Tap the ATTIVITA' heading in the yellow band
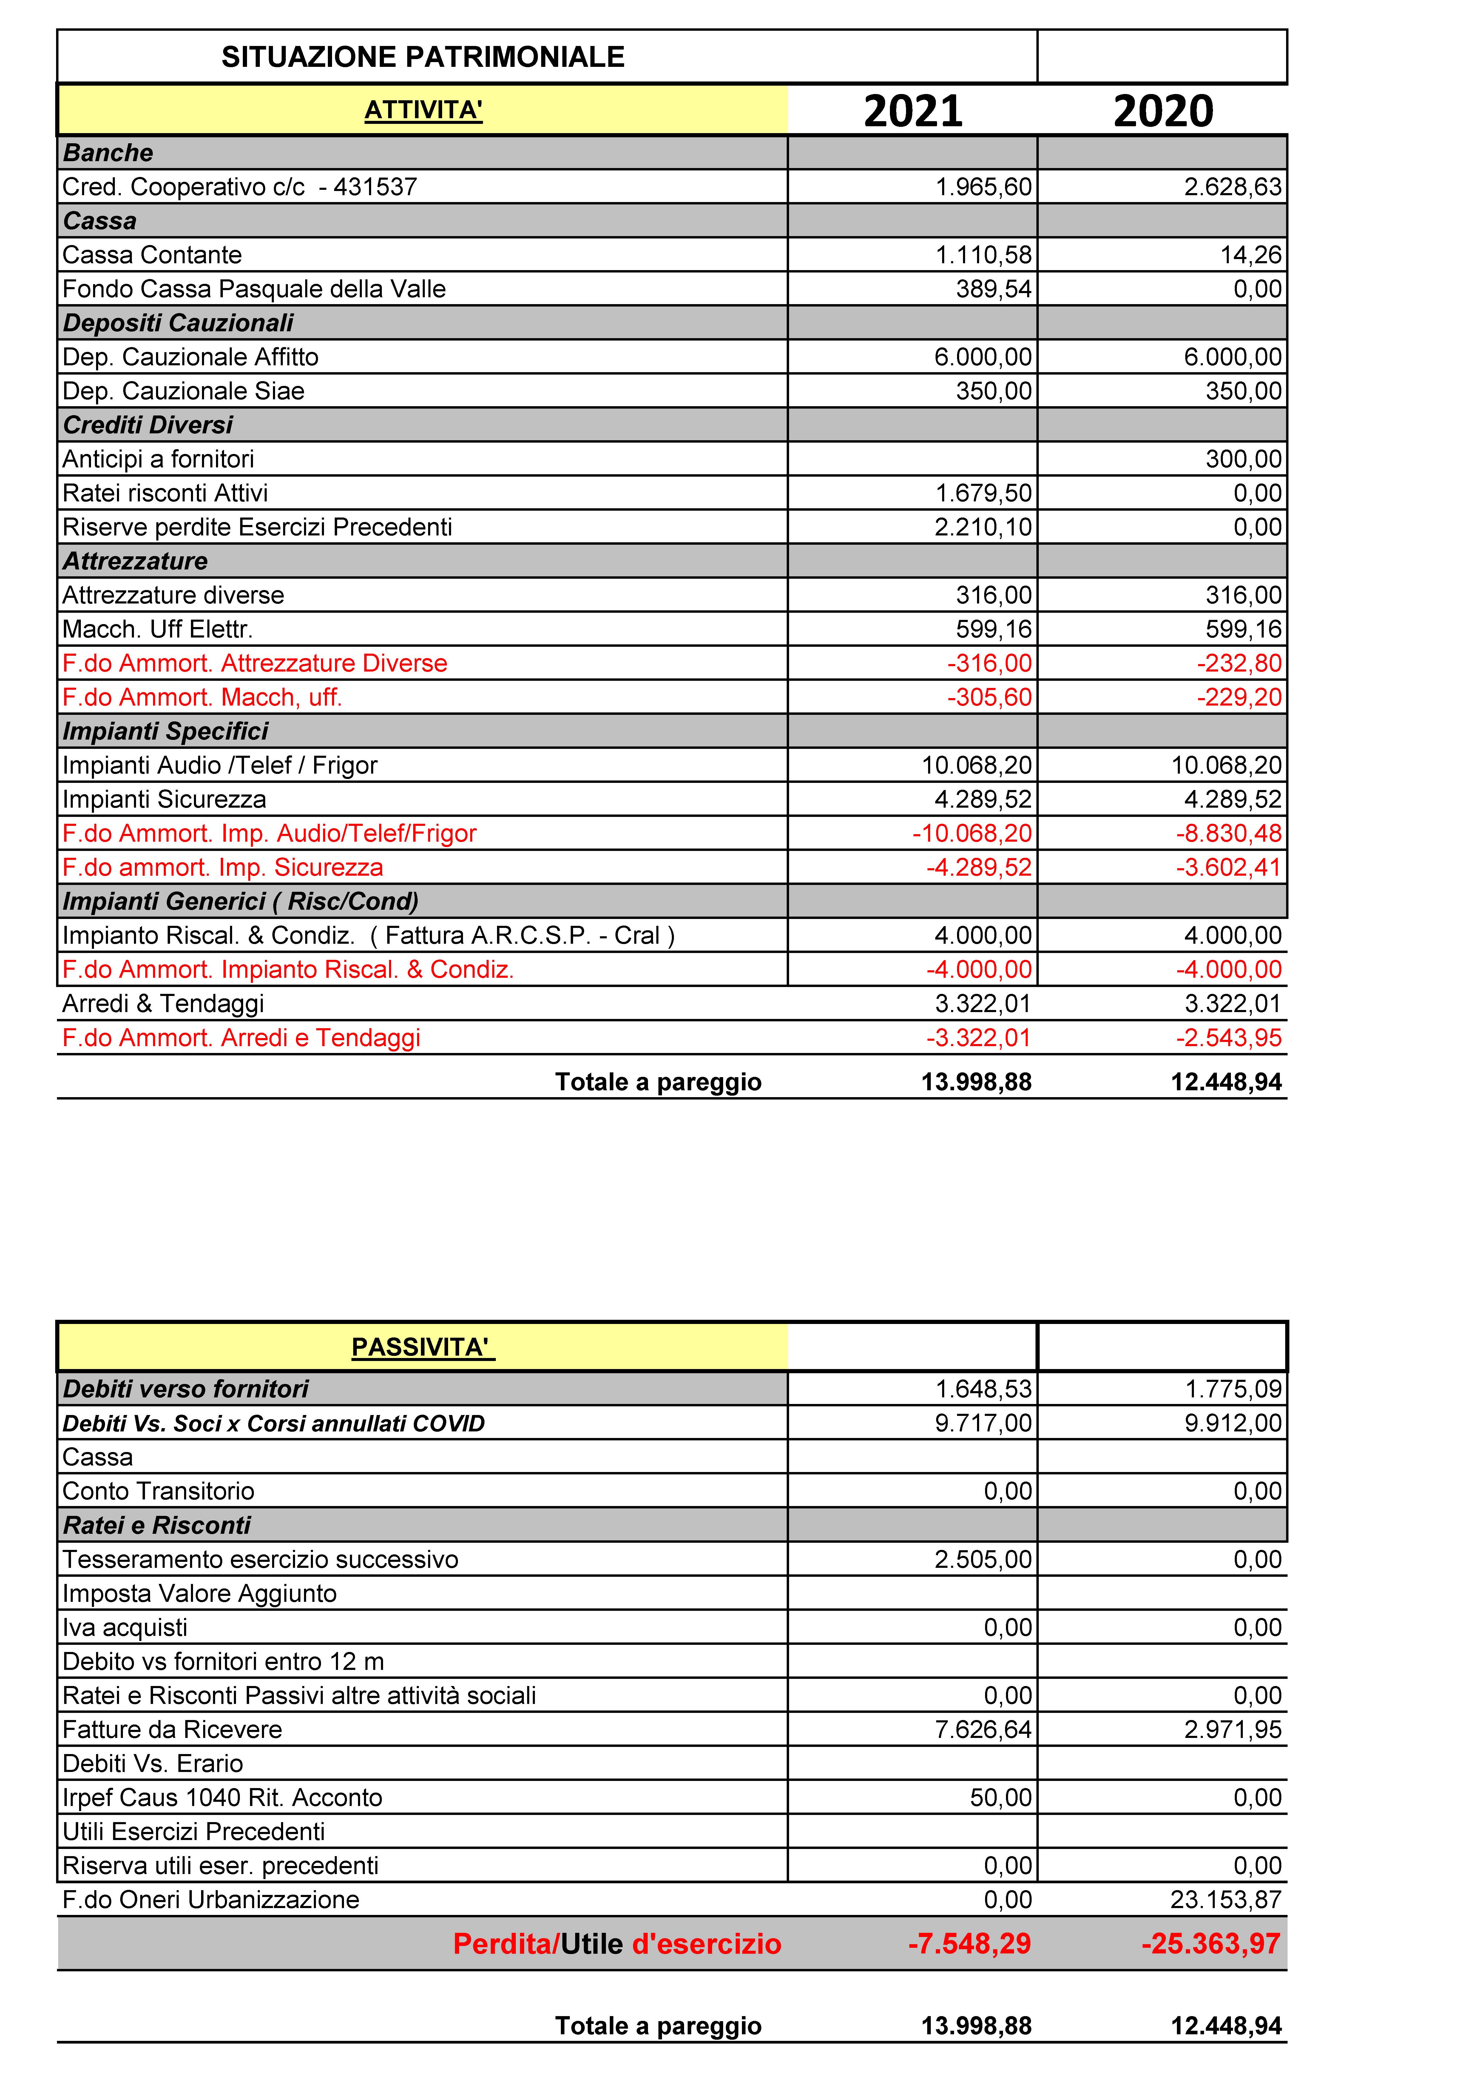click(423, 110)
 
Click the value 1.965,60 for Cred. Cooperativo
click(983, 187)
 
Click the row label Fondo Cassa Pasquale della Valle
click(254, 289)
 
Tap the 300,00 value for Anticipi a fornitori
click(1243, 459)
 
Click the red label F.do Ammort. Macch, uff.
click(202, 698)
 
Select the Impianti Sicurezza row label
click(164, 800)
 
